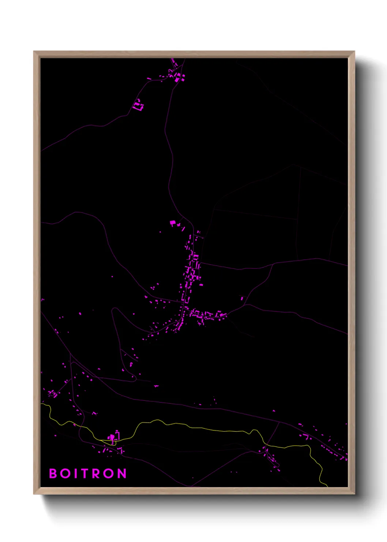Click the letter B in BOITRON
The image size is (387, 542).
[x=53, y=474]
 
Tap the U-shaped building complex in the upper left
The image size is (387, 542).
[x=139, y=105]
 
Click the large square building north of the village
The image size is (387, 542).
[x=173, y=223]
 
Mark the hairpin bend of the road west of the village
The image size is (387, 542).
[x=114, y=311]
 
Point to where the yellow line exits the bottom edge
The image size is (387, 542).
[x=327, y=486]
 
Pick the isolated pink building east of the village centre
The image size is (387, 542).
[x=242, y=298]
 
